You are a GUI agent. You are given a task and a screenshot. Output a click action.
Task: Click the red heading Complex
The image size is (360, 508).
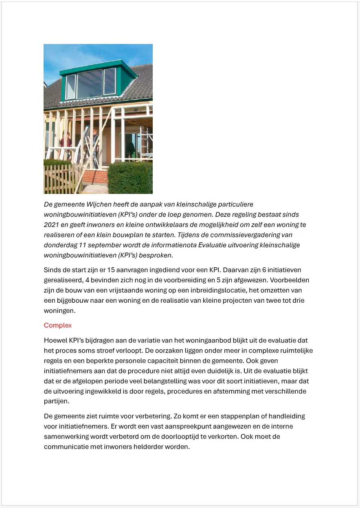57,325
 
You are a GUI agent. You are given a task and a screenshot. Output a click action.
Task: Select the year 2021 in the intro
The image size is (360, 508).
51,224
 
